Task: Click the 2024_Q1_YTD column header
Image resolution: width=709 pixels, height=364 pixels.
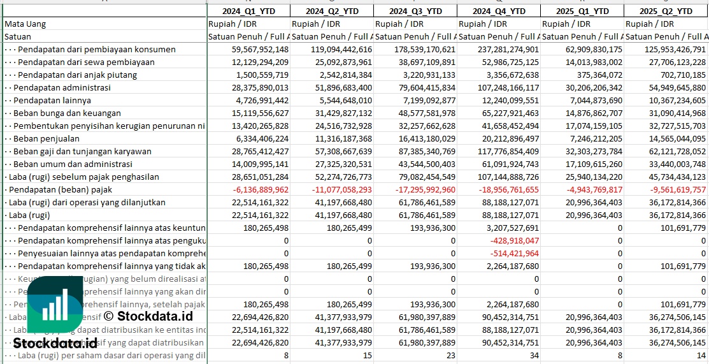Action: tap(248, 11)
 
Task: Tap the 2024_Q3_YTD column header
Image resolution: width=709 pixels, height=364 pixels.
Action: tap(415, 11)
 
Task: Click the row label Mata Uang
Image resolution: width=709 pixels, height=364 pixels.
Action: tap(25, 24)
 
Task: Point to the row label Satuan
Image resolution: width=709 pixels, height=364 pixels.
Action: tap(17, 37)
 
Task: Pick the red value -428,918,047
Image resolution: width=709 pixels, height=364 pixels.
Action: tap(515, 241)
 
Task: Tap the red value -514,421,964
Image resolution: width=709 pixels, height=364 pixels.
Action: tap(515, 254)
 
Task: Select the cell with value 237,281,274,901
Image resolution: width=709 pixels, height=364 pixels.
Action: tap(499, 50)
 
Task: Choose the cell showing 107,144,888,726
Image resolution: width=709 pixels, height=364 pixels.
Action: tap(499, 177)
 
